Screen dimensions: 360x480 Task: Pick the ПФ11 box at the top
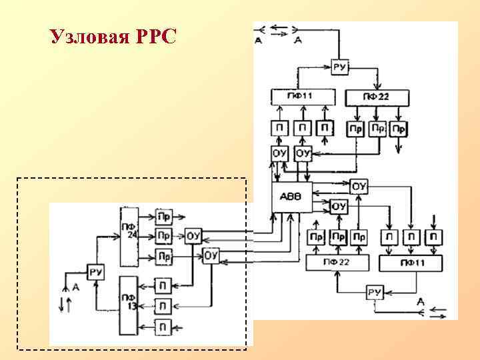click(303, 97)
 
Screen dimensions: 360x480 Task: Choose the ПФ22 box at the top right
click(377, 97)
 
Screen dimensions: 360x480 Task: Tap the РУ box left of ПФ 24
click(96, 272)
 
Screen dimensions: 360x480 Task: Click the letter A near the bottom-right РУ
click(421, 302)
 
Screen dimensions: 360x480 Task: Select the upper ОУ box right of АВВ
click(359, 187)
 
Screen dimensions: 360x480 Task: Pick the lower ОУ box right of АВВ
click(339, 207)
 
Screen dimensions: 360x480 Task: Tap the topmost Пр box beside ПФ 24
click(163, 216)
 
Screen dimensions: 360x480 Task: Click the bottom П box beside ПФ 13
click(163, 327)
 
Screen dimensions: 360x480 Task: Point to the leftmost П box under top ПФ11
click(280, 127)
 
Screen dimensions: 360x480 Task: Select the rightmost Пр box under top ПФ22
click(399, 127)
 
